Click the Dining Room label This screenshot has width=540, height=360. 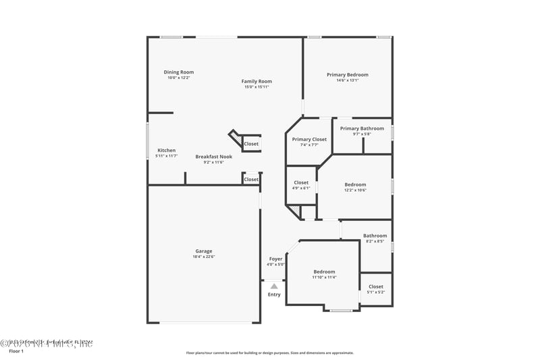click(179, 72)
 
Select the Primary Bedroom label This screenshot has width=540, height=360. click(348, 74)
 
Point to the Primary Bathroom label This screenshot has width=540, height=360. click(362, 128)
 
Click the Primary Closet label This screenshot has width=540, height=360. click(309, 139)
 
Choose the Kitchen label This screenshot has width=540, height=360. click(167, 150)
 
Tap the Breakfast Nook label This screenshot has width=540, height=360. click(214, 157)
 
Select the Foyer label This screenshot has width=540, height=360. click(276, 259)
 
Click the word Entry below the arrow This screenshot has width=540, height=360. click(274, 294)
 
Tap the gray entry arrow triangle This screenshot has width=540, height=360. click(274, 286)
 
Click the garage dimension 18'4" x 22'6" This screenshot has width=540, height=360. click(204, 257)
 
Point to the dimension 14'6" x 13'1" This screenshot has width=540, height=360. click(348, 80)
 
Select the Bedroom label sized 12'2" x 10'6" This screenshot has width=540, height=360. click(355, 184)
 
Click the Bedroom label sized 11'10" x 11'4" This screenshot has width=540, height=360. click(324, 272)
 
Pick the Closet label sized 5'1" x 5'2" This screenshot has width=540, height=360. click(376, 286)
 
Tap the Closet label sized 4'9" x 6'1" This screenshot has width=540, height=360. click(301, 182)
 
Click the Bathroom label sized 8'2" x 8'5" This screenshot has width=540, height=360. click(375, 236)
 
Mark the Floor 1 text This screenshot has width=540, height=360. click(16, 351)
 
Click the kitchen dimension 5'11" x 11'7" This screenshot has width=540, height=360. click(167, 156)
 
